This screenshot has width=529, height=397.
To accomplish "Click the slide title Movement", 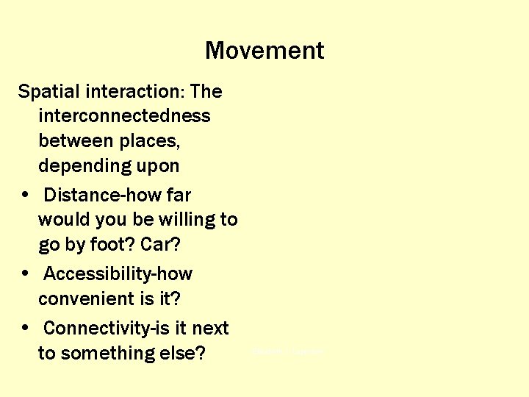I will click(x=264, y=51).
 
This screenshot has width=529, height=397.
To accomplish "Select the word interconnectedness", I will click(x=124, y=116).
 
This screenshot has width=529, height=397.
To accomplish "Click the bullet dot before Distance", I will click(x=26, y=196).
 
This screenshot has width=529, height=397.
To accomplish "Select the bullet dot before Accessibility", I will click(x=26, y=274).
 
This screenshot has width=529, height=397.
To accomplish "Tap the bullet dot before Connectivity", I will click(x=26, y=329).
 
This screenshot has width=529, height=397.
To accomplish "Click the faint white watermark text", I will click(x=287, y=353).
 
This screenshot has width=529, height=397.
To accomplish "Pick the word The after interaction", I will click(x=206, y=92).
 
